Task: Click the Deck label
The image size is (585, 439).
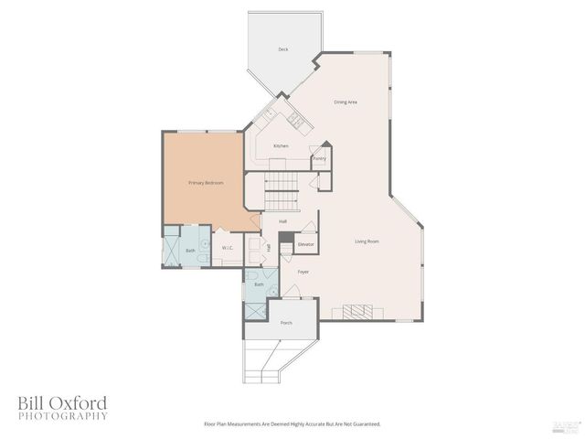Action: pyautogui.click(x=283, y=49)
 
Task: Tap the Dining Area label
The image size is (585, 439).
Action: pyautogui.click(x=345, y=102)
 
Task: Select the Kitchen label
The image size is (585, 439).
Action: pyautogui.click(x=281, y=146)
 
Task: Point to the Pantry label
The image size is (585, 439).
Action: pyautogui.click(x=319, y=158)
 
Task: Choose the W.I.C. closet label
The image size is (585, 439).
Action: pyautogui.click(x=227, y=248)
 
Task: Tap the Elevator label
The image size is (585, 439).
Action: pyautogui.click(x=306, y=244)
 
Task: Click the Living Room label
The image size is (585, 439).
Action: pyautogui.click(x=367, y=241)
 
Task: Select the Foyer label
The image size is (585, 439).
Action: pyautogui.click(x=303, y=272)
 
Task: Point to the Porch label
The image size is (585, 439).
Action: pyautogui.click(x=286, y=323)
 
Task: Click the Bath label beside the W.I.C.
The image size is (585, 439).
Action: pyautogui.click(x=190, y=250)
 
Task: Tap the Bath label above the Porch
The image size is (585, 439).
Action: pyautogui.click(x=259, y=284)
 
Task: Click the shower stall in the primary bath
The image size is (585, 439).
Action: pyautogui.click(x=171, y=249)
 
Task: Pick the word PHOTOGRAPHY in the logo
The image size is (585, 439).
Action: pyautogui.click(x=61, y=416)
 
